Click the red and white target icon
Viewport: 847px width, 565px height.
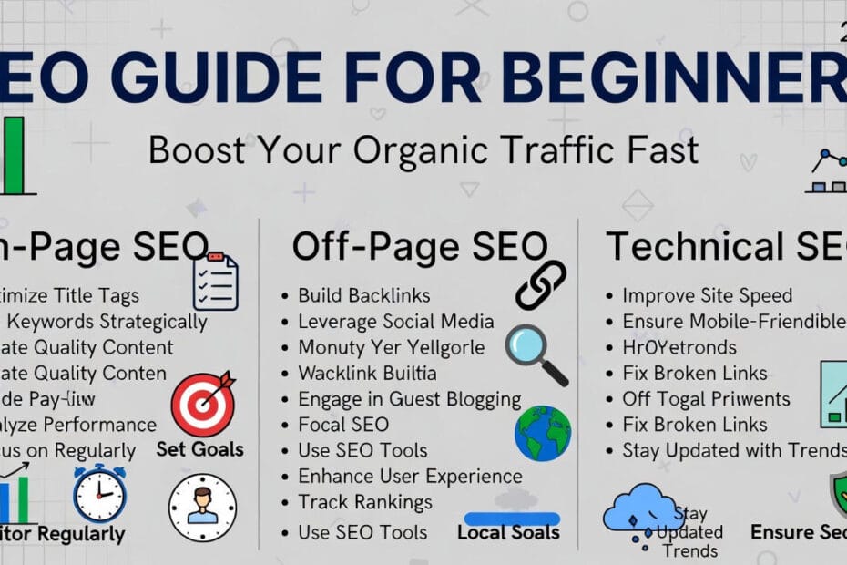pos(202,403)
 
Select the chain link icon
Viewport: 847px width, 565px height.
pos(541,284)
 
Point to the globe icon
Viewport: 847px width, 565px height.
pos(543,433)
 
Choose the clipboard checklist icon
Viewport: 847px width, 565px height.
pos(216,282)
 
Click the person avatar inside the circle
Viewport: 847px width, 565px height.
pos(202,508)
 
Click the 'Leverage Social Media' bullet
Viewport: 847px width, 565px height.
pos(395,322)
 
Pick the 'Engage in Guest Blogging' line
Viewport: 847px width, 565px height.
pos(409,399)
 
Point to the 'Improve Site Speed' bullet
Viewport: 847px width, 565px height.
pos(707,295)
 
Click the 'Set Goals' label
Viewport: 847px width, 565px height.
pos(199,448)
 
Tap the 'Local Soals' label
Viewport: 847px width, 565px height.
pos(508,533)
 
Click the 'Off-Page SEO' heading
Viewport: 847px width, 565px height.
pos(420,247)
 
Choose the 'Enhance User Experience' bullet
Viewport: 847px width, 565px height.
pos(410,477)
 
